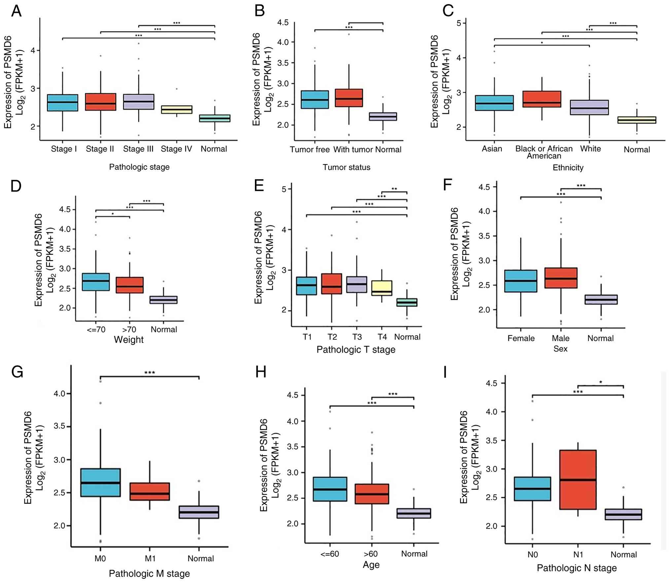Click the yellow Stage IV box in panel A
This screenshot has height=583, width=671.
point(176,110)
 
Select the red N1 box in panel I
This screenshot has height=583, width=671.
point(578,479)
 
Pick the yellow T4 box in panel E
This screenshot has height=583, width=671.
point(382,288)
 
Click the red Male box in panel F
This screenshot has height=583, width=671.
point(561,278)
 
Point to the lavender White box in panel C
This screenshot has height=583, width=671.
point(589,107)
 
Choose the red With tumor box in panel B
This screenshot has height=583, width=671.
point(349,98)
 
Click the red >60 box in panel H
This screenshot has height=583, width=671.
point(372,494)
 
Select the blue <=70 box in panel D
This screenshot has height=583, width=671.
point(96,282)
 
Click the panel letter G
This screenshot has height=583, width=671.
point(17,372)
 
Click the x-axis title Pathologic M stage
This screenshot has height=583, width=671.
point(149,573)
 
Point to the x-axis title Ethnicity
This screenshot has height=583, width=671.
point(568,168)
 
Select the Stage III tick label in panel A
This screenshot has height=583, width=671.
point(138,149)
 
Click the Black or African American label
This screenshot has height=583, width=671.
point(544,152)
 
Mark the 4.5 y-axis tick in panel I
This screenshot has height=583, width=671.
point(491,383)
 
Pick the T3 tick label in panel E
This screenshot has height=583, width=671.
point(357,337)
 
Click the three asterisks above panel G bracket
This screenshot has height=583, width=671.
point(150,373)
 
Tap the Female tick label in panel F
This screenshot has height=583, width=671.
point(521,338)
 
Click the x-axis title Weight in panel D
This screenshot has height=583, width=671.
point(129,340)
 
